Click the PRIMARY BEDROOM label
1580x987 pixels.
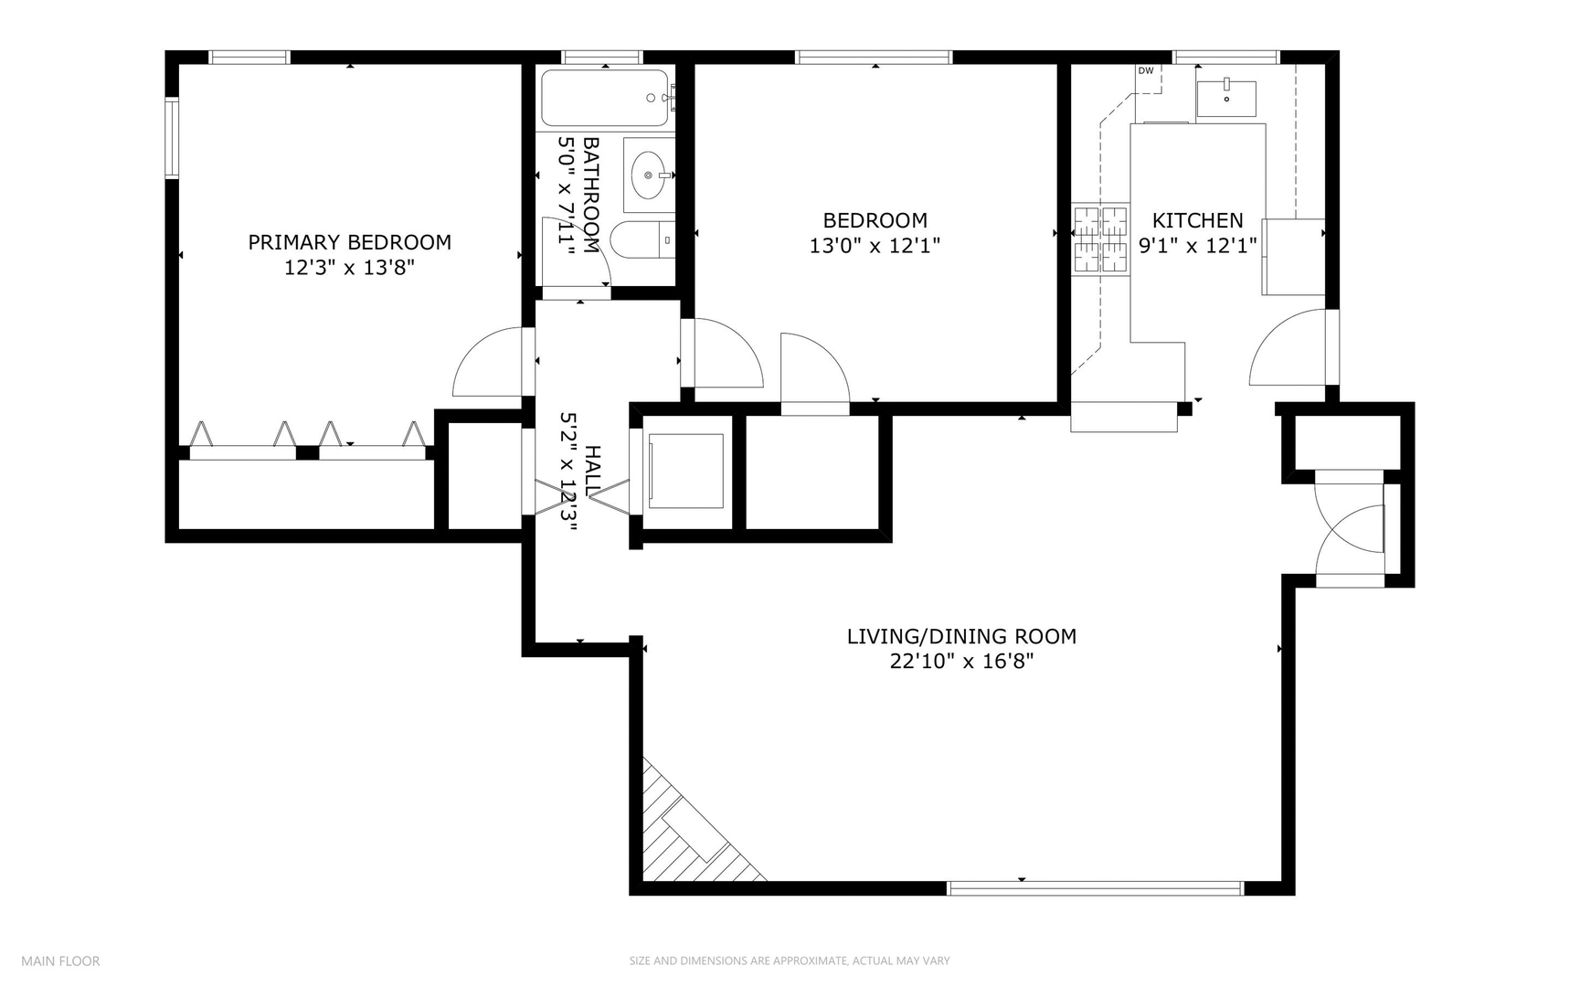[349, 242]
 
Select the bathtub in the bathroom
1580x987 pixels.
[605, 98]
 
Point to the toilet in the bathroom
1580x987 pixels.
[642, 240]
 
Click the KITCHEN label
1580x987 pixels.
[1197, 220]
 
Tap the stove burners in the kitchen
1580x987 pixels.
[1101, 239]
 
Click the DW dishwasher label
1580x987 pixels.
[1145, 70]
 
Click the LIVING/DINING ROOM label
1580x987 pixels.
[961, 636]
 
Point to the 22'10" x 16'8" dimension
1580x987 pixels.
[961, 661]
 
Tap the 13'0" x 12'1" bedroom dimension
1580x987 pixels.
[875, 246]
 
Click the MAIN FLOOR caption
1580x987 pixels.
[60, 960]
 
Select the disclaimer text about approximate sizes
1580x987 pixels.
[790, 960]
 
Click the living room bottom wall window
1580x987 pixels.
[1096, 887]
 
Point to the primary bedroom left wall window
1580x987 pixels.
[171, 138]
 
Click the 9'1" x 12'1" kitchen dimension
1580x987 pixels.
[1197, 246]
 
